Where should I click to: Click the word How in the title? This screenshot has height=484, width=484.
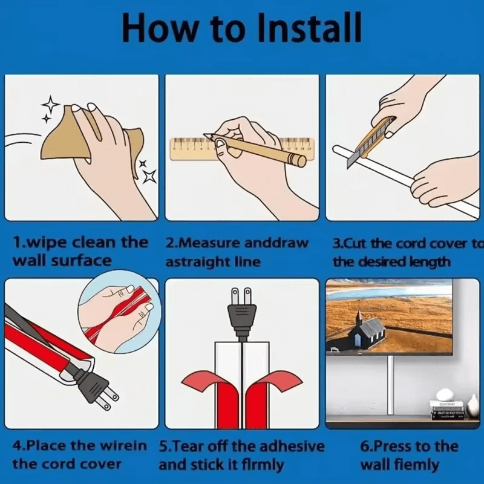(160, 28)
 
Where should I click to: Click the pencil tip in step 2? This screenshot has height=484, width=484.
(205, 135)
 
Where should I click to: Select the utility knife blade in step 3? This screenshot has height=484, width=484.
(352, 160)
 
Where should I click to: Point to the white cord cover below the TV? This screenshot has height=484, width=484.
(391, 385)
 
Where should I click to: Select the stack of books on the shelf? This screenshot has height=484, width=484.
(447, 410)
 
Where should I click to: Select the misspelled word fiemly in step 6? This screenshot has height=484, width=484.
(420, 465)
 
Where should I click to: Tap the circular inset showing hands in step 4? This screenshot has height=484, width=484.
(119, 312)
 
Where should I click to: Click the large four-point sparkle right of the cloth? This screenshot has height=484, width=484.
(149, 176)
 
